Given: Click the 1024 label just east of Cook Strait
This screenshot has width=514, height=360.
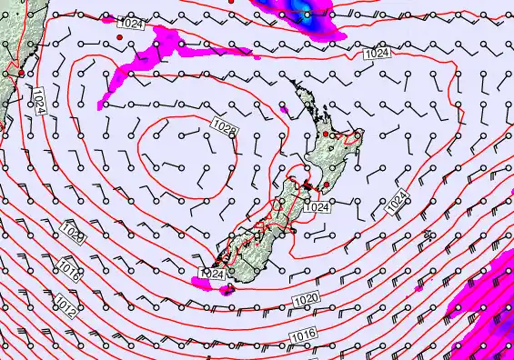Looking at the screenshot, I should pos(317,207).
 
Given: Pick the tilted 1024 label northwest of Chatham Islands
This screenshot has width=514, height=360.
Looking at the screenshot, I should pos(398,203).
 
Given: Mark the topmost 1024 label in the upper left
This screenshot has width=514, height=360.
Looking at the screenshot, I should pos(130,24).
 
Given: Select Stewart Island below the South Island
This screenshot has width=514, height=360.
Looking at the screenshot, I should pos(227,290).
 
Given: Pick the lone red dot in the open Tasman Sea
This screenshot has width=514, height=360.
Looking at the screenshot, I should pos(119,37).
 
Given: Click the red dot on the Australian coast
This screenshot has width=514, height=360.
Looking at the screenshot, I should pos(21,71).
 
